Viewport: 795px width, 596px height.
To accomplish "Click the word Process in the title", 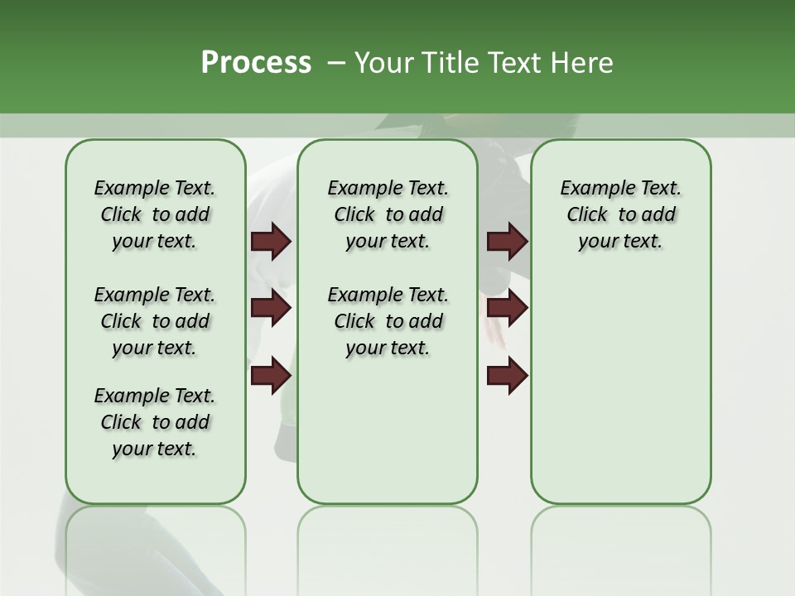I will pyautogui.click(x=256, y=63).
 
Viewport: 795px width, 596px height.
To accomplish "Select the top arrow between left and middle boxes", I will pyautogui.click(x=271, y=242).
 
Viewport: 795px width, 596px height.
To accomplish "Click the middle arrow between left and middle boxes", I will pyautogui.click(x=271, y=308).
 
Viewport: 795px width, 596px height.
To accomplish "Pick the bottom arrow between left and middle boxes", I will pyautogui.click(x=271, y=375).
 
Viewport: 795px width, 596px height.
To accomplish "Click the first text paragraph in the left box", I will pyautogui.click(x=155, y=214).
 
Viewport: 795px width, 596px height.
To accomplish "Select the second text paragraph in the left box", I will pyautogui.click(x=155, y=321).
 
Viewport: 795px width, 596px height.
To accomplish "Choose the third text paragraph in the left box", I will pyautogui.click(x=155, y=422).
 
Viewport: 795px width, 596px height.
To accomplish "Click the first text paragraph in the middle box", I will pyautogui.click(x=388, y=214).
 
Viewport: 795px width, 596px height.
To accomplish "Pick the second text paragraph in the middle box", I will pyautogui.click(x=388, y=321).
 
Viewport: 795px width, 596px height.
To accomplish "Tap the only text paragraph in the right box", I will pyautogui.click(x=621, y=214).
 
